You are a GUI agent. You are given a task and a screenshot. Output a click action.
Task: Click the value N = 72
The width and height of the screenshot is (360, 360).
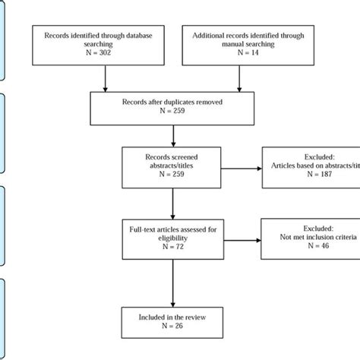pos(174,248)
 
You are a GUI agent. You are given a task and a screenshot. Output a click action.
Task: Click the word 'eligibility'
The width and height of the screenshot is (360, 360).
pos(174,238)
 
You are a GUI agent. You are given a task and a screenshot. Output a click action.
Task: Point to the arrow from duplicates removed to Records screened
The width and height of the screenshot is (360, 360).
pos(174,134)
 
